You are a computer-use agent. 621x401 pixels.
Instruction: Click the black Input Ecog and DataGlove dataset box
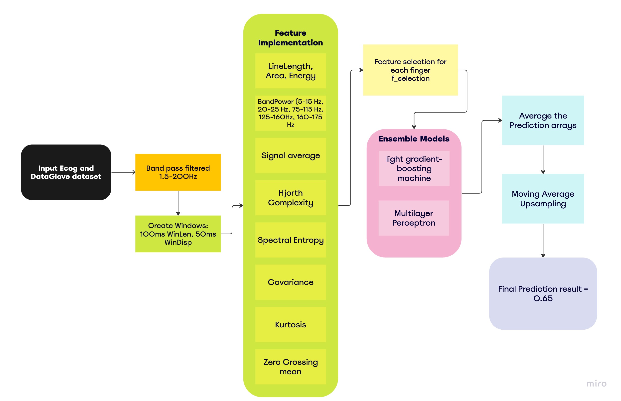(x=66, y=172)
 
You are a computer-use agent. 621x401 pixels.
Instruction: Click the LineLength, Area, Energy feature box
(x=290, y=71)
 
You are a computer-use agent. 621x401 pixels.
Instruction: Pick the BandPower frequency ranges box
(x=290, y=113)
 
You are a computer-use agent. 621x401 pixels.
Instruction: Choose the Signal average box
(x=290, y=155)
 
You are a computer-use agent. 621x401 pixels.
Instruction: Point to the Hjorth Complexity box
(x=290, y=197)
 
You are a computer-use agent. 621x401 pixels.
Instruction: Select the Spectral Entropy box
(x=290, y=240)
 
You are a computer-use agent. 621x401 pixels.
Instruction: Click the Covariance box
(x=290, y=282)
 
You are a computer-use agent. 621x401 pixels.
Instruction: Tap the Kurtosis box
(x=290, y=324)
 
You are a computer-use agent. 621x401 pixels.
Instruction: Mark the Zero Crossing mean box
(x=290, y=366)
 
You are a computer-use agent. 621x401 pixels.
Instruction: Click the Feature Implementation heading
(x=290, y=37)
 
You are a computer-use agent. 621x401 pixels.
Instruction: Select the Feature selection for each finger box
(x=410, y=70)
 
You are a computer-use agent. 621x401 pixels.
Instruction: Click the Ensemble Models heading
(x=414, y=138)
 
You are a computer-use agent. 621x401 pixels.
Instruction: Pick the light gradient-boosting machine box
(x=414, y=168)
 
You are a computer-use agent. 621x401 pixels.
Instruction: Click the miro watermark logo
(x=596, y=383)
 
